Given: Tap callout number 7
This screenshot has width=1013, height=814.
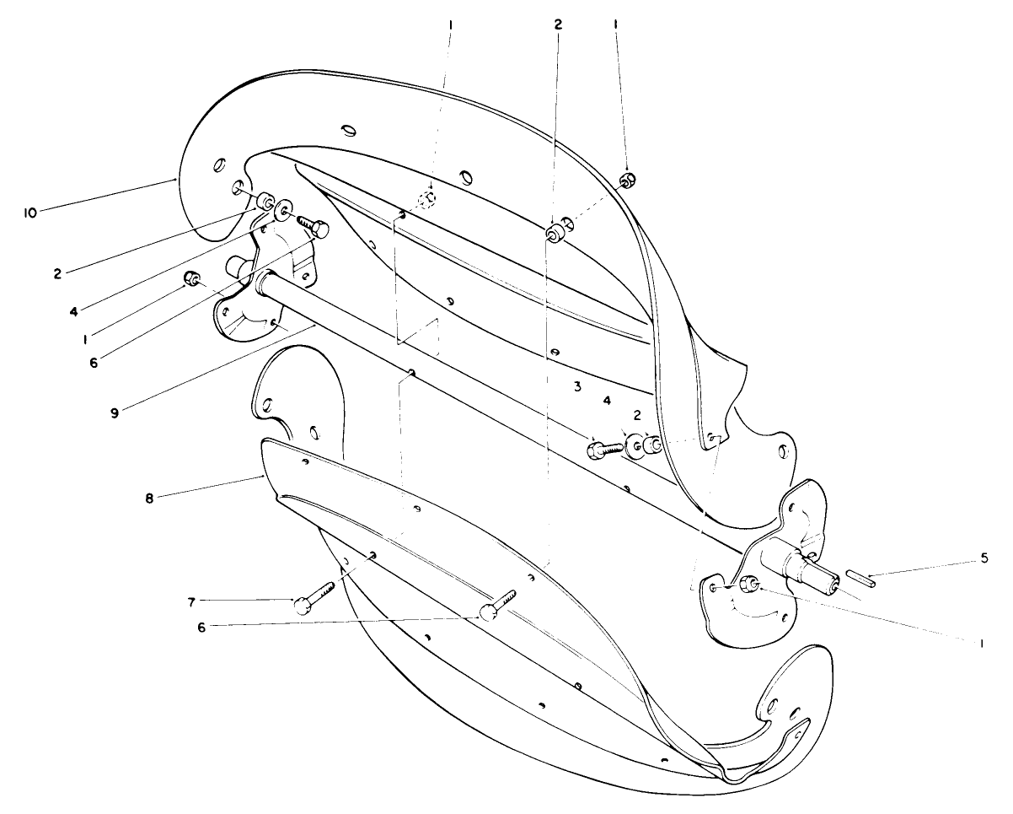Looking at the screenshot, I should coord(191,601).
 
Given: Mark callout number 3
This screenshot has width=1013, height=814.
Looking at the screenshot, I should coord(576,387).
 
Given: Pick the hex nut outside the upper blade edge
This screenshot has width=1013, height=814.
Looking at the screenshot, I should coord(627,180).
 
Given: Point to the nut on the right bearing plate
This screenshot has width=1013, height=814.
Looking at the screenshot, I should coord(748,586).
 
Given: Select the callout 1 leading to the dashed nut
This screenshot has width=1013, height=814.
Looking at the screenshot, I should coord(451,26).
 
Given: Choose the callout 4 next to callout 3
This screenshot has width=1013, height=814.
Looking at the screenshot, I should coord(607,401).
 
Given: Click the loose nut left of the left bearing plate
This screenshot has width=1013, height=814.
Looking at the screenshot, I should coord(193,280).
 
